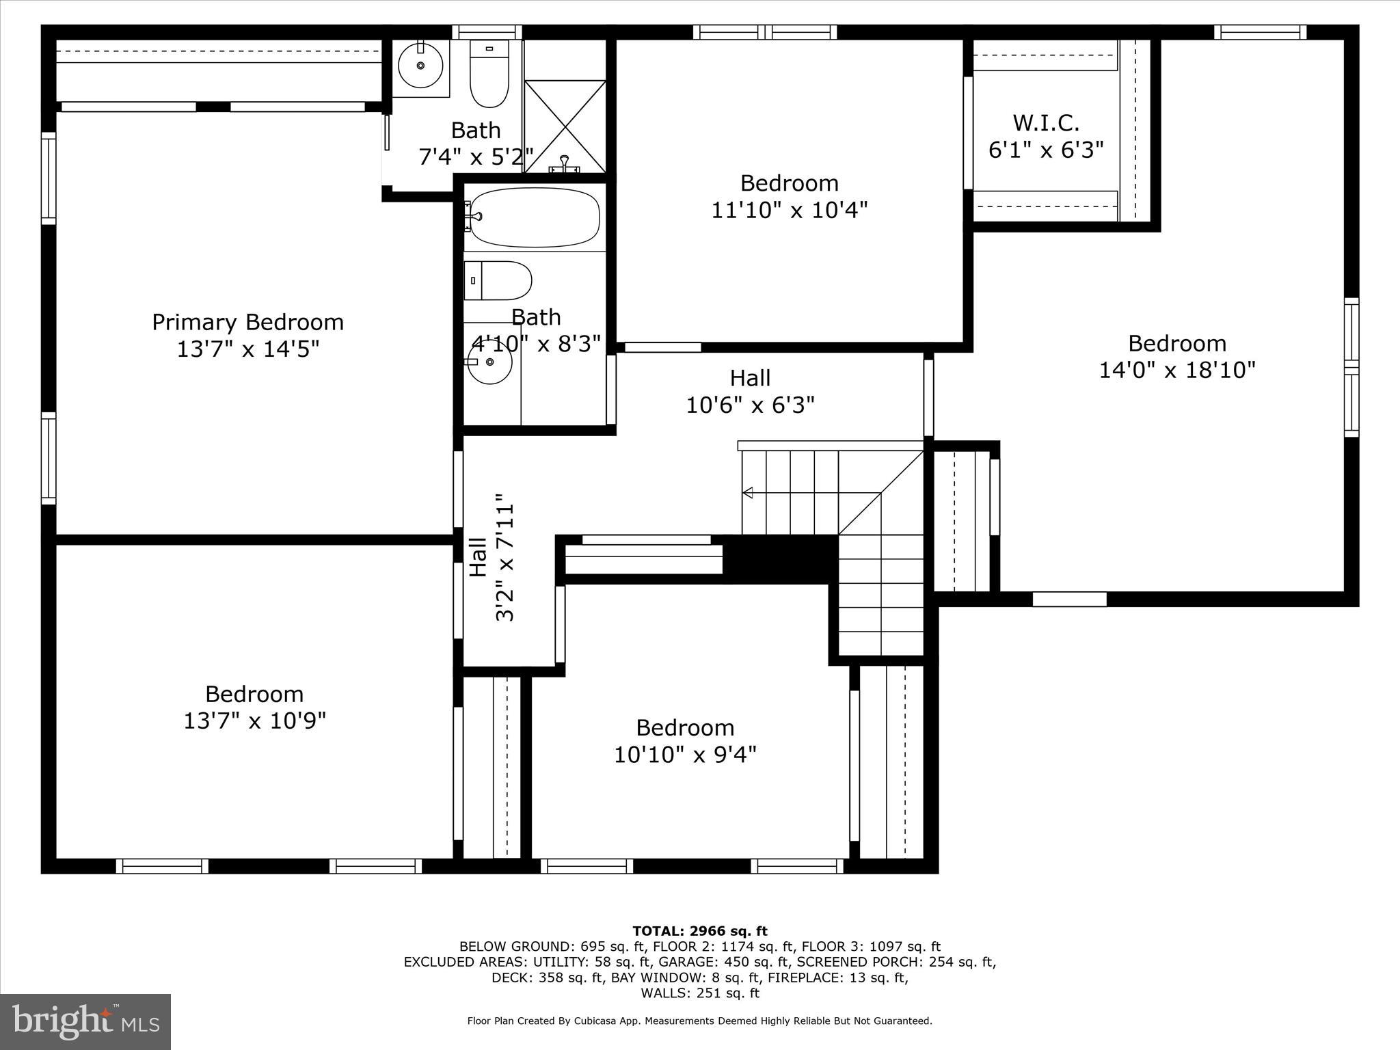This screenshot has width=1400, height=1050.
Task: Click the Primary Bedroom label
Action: (x=247, y=322)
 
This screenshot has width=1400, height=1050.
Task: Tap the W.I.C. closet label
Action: (x=1046, y=123)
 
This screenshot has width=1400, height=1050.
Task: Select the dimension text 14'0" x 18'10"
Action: (x=1176, y=371)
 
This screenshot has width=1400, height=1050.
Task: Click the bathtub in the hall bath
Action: (x=535, y=217)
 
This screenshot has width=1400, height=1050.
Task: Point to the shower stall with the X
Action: (x=565, y=126)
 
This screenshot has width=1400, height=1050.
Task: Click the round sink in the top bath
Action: (x=420, y=66)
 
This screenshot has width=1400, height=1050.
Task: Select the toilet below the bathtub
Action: (x=498, y=280)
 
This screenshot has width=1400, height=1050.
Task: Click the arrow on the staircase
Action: (x=748, y=492)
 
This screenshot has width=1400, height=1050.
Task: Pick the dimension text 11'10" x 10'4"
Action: (x=789, y=210)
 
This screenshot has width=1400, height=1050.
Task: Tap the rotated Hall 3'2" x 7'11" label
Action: (x=491, y=558)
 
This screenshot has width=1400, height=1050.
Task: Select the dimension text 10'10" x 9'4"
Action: (x=685, y=755)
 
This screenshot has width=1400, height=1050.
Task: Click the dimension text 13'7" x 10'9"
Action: (x=254, y=721)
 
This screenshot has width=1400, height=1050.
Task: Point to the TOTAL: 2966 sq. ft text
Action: (x=699, y=931)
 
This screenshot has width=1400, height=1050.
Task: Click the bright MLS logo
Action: (x=85, y=1022)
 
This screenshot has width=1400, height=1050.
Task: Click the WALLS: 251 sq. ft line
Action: (x=699, y=993)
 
